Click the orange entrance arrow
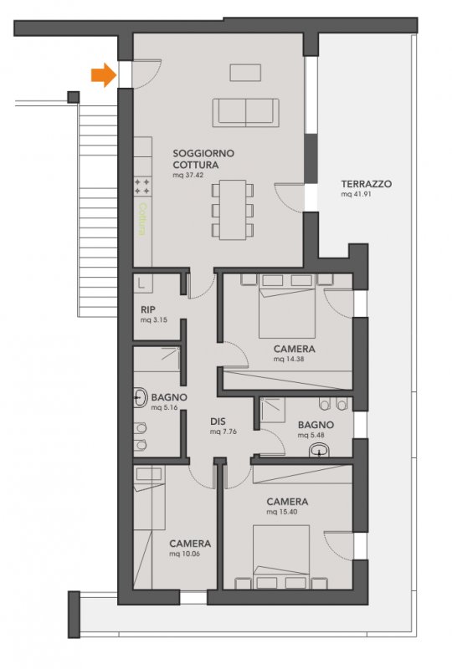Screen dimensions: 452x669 (x=104, y=75)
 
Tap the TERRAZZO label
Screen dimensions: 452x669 (x=366, y=184)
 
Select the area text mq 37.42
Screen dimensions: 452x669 (x=188, y=175)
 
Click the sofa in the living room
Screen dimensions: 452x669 (x=245, y=113)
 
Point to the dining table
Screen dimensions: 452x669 (x=233, y=210)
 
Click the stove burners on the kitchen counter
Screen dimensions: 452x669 (x=142, y=186)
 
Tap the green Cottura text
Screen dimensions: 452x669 (x=142, y=219)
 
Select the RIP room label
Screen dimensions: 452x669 (x=148, y=309)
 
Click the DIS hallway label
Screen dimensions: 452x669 (x=218, y=421)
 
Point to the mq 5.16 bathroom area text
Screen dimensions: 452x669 (x=164, y=407)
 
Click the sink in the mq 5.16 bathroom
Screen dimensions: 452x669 (x=139, y=398)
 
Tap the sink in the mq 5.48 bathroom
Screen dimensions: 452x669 (x=319, y=450)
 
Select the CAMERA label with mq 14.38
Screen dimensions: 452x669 (x=295, y=349)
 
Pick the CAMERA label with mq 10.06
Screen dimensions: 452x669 (x=190, y=544)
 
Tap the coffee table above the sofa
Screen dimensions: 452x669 (x=245, y=73)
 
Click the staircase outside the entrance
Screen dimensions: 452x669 (x=97, y=209)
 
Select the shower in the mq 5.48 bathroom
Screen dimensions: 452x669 (x=273, y=410)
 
